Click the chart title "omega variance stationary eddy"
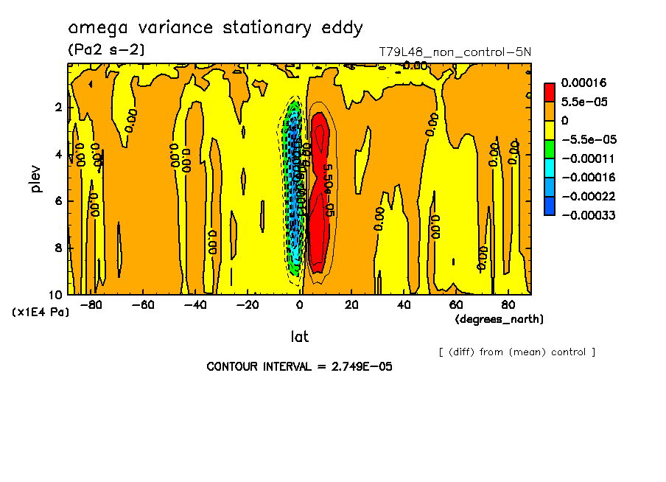point(215,28)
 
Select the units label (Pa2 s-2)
point(106,50)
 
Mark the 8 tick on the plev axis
point(58,248)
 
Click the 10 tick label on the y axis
point(55,294)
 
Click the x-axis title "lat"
point(299,337)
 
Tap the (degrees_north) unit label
point(499,319)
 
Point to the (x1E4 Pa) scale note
point(41,312)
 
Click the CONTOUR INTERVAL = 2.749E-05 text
point(299,366)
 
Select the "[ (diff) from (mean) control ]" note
point(516,352)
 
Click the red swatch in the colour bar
point(550,92)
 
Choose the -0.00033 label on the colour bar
point(589,215)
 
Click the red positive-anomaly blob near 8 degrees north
point(318,214)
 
